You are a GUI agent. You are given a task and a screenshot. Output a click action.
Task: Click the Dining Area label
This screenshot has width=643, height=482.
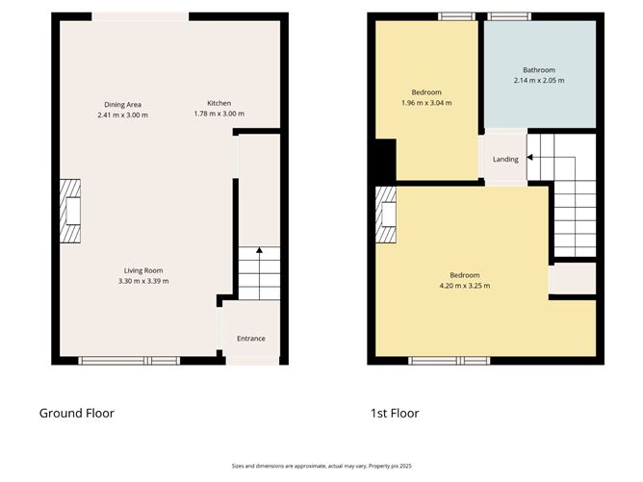(x=123, y=104)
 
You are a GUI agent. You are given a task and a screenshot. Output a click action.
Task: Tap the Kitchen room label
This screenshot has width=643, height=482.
(x=219, y=104)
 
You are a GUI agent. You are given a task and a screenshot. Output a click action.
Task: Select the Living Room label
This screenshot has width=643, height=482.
(x=142, y=270)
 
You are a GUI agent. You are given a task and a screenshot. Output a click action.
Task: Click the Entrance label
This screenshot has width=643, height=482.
(x=250, y=338)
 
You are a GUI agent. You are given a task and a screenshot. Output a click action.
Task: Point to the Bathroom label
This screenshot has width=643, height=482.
(x=538, y=70)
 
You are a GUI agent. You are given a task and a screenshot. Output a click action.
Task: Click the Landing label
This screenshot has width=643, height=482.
(x=505, y=160)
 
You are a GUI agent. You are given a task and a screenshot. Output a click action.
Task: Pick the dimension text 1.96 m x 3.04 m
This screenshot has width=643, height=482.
(x=425, y=103)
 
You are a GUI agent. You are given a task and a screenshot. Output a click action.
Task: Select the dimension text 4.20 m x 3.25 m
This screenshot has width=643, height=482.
(x=465, y=286)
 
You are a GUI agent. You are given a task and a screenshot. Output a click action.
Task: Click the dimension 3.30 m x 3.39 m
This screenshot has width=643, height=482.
(x=142, y=281)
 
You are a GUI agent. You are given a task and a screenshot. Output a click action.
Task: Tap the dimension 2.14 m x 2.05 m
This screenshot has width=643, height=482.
(x=538, y=81)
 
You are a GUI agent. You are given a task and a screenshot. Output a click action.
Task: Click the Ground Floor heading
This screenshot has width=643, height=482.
(x=76, y=414)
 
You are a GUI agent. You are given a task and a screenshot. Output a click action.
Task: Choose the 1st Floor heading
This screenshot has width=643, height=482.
(x=395, y=414)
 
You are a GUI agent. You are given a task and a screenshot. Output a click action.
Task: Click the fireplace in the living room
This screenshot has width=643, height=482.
(x=71, y=210)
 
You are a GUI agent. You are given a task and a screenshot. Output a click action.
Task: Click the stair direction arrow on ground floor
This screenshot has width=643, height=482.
(x=258, y=253)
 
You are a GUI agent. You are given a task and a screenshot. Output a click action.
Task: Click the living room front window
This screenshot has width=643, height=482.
(x=129, y=361)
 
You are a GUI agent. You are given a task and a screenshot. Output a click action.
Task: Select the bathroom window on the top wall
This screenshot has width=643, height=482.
(x=503, y=15)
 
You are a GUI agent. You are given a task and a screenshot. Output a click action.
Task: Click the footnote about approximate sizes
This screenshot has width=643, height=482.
(x=321, y=465)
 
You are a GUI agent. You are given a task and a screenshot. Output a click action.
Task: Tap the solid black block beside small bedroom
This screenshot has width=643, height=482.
(x=384, y=160)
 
